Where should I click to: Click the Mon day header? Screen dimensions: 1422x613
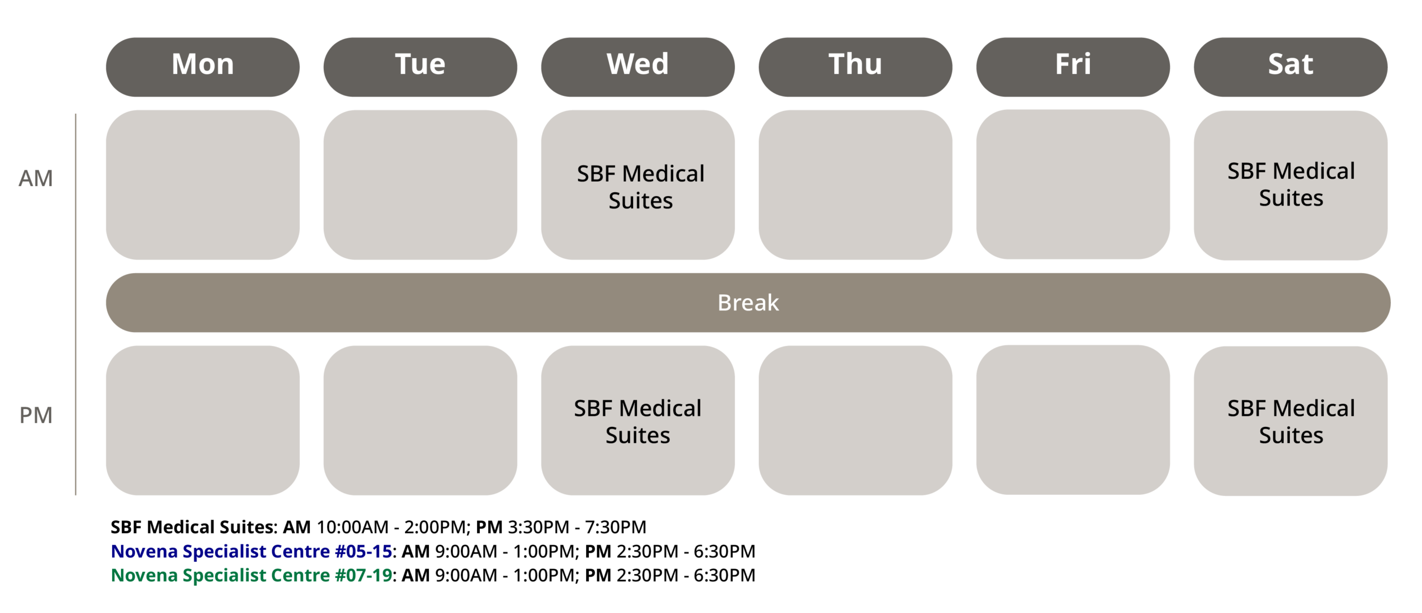tap(203, 67)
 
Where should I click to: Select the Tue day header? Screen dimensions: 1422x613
tap(420, 67)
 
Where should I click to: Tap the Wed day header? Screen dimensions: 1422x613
tap(638, 67)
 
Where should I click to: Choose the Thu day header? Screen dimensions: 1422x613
tap(855, 67)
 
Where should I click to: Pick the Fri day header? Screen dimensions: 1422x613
tap(1073, 67)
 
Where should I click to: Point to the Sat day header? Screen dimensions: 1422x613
tap(1291, 67)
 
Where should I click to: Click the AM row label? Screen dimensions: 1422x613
tap(36, 179)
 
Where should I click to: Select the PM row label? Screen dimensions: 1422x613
tap(36, 415)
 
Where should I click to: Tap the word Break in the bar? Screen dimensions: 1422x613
tap(748, 303)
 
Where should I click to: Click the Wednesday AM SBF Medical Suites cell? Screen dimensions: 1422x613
tap(638, 185)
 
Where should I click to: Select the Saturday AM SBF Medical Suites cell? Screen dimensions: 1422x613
tap(1291, 185)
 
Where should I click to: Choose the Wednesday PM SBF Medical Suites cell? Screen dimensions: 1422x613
tap(638, 420)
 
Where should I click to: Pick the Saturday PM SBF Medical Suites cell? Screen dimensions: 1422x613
tap(1291, 421)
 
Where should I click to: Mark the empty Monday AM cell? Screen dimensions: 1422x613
tap(203, 185)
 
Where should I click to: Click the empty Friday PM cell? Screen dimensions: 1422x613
tap(1073, 420)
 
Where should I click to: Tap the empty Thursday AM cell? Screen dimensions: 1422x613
tap(855, 185)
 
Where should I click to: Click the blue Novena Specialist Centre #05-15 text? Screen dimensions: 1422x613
tap(252, 551)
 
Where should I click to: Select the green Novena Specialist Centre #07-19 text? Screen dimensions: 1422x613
tap(252, 575)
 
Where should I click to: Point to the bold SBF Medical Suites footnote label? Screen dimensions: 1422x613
tap(192, 527)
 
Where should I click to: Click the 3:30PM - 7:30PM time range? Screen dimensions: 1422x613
tap(577, 527)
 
